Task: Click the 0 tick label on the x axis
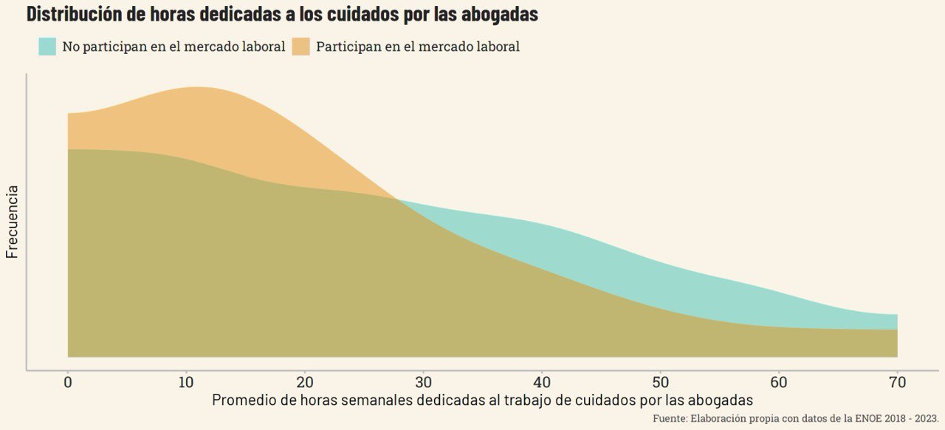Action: [x=68, y=382]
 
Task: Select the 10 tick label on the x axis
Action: [x=186, y=382]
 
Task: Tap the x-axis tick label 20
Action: [x=305, y=382]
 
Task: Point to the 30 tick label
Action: [x=424, y=382]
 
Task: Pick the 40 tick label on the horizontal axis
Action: [x=542, y=382]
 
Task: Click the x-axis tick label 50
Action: [x=661, y=382]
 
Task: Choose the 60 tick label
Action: [x=779, y=382]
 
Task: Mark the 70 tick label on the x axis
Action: [x=898, y=382]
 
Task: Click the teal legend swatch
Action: [x=47, y=47]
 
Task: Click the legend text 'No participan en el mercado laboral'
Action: [x=173, y=47]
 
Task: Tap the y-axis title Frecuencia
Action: [x=12, y=222]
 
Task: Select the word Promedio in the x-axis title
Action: [x=244, y=400]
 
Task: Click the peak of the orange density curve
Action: [x=196, y=87]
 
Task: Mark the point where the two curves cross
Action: [x=397, y=199]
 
